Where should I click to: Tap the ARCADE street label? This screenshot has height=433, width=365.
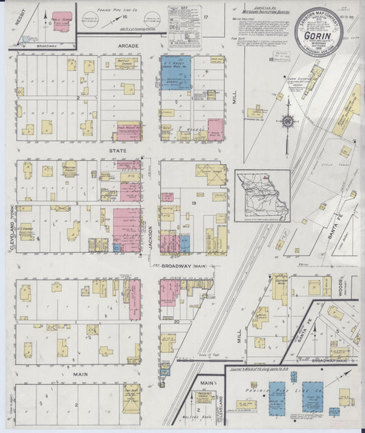click(x=129, y=46)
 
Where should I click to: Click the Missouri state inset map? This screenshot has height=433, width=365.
click(x=262, y=196)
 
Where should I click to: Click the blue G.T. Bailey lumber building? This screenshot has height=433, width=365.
click(x=175, y=73)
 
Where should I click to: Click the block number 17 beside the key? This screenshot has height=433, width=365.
click(x=205, y=14)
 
